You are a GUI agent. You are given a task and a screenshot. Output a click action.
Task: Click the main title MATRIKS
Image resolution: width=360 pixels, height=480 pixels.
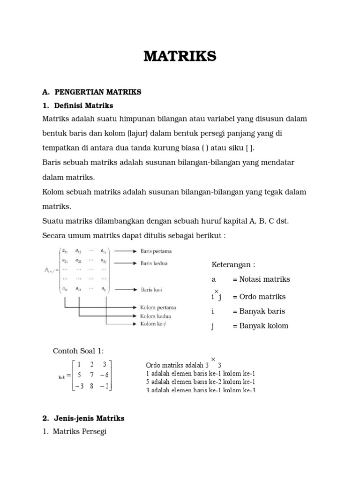click(180, 56)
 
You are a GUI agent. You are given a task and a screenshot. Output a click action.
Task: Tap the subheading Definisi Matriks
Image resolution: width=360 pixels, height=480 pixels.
click(83, 105)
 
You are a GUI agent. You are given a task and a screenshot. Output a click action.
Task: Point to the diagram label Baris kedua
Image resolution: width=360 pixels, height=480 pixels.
click(154, 263)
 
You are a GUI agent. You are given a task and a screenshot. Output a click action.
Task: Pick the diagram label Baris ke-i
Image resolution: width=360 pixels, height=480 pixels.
click(152, 290)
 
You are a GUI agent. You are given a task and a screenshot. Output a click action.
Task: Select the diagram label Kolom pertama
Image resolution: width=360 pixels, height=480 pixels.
click(158, 308)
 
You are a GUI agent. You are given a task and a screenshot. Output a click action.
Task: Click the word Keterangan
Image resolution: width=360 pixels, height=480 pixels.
click(233, 265)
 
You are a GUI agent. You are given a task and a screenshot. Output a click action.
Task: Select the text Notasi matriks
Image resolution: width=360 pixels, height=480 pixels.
click(264, 279)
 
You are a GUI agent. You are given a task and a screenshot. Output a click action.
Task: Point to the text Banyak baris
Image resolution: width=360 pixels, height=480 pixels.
click(262, 311)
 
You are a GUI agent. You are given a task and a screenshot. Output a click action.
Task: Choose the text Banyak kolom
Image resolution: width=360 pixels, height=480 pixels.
click(263, 326)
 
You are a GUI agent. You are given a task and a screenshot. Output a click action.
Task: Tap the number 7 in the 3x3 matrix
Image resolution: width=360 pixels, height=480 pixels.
click(92, 375)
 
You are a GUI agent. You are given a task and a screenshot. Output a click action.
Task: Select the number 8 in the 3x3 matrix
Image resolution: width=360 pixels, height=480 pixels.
click(92, 386)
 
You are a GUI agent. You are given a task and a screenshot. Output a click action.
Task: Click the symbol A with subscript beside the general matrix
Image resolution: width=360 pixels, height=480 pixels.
click(49, 270)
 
